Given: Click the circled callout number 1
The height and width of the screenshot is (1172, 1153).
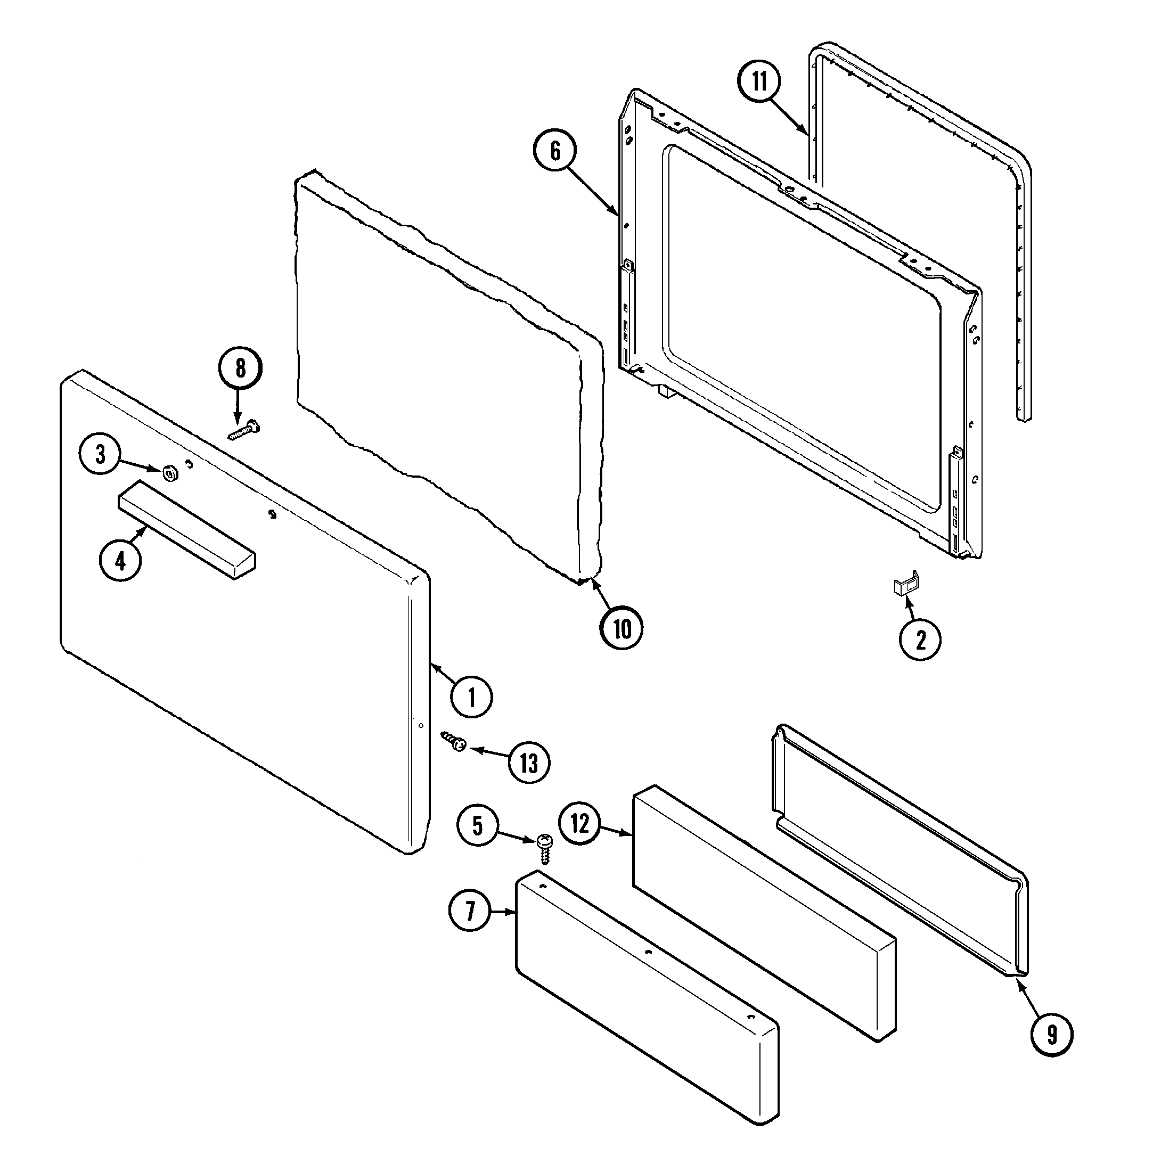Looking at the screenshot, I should click(x=471, y=697).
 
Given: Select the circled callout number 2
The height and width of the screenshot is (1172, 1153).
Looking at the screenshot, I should click(x=920, y=640).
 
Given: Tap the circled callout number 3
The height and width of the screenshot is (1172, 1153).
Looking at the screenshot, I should click(x=101, y=454).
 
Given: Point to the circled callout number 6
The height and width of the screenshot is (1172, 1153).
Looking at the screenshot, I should click(x=555, y=151).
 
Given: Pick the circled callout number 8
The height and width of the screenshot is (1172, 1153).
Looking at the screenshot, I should click(x=240, y=367).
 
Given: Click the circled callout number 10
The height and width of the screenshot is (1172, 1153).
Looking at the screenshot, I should click(x=622, y=629).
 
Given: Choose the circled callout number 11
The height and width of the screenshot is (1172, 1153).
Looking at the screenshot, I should click(x=759, y=81).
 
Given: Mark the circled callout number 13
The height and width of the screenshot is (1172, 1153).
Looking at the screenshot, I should click(x=529, y=764).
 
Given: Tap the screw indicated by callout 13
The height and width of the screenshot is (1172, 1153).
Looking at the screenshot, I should click(x=454, y=741).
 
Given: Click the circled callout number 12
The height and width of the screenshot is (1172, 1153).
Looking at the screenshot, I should click(x=579, y=823).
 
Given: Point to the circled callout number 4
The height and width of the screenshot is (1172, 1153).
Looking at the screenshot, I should click(x=120, y=561).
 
